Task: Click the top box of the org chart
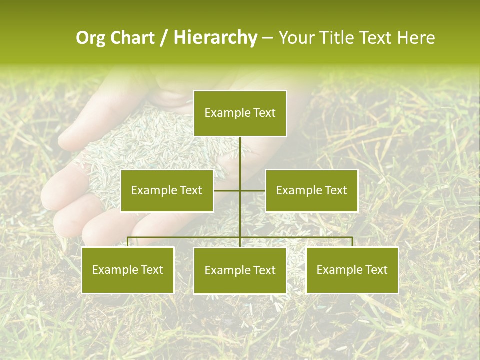click(x=240, y=113)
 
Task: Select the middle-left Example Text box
click(x=167, y=190)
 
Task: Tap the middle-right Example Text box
click(x=311, y=190)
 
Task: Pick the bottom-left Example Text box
click(x=128, y=270)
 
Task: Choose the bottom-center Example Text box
click(x=240, y=270)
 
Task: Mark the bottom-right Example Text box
click(x=352, y=270)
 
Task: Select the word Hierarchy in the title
click(x=215, y=38)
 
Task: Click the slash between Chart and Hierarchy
click(x=164, y=38)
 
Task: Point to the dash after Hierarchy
click(x=267, y=38)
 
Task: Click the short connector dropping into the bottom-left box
click(x=128, y=242)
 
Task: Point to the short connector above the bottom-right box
click(x=352, y=242)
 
